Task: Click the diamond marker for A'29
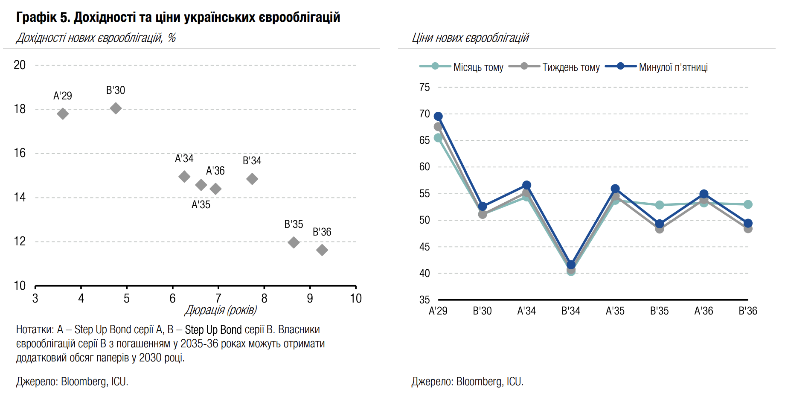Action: [x=63, y=114]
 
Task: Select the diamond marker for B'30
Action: [x=116, y=108]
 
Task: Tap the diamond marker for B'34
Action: [x=252, y=179]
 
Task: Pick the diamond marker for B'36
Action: [x=322, y=250]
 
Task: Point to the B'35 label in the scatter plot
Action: [x=294, y=224]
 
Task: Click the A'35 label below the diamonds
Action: [x=201, y=205]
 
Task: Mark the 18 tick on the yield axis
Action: [x=20, y=109]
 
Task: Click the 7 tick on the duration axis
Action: [x=218, y=298]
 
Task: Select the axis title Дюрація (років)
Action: [x=221, y=310]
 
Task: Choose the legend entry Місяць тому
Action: [x=478, y=67]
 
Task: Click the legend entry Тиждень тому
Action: [x=571, y=67]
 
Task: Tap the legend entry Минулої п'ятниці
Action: [x=673, y=67]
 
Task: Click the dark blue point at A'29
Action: [x=438, y=116]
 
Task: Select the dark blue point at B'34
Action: [x=571, y=265]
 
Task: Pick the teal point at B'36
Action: [x=748, y=205]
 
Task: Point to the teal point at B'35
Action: [x=660, y=205]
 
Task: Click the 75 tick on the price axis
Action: [x=424, y=87]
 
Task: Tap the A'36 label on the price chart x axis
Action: [x=704, y=311]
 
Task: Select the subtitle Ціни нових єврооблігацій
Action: [x=470, y=38]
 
